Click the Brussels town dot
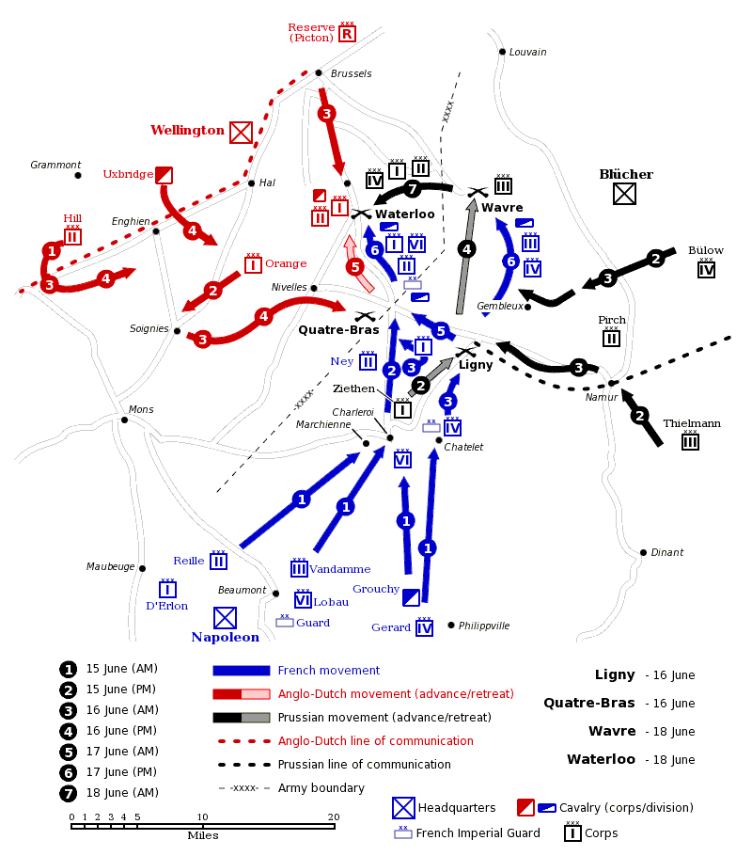click(x=319, y=72)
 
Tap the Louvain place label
click(x=527, y=52)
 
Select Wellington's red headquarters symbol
click(x=241, y=132)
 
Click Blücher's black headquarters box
click(x=624, y=193)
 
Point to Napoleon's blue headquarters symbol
click(x=225, y=618)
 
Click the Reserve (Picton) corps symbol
click(x=347, y=33)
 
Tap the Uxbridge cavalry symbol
click(x=164, y=175)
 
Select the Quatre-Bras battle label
click(x=338, y=330)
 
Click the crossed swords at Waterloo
click(x=361, y=214)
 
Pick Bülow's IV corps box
click(x=706, y=268)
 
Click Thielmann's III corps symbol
click(x=690, y=440)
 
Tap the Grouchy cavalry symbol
click(x=411, y=597)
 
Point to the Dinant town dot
click(x=643, y=552)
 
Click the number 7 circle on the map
click(x=413, y=189)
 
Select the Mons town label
click(x=141, y=409)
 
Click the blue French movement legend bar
click(x=242, y=671)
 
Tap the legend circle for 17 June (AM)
click(x=69, y=752)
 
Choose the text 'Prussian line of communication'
click(x=364, y=764)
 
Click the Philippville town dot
click(x=451, y=626)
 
